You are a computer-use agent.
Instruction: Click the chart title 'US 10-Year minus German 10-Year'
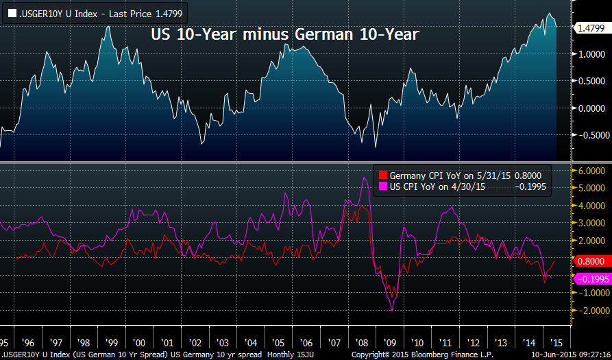[284, 34]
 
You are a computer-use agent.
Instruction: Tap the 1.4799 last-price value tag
[590, 28]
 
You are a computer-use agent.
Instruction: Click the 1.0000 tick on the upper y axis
[590, 54]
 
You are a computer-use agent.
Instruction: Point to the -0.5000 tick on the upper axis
[590, 135]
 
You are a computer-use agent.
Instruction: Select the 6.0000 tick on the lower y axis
[590, 171]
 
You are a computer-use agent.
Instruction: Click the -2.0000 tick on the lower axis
[590, 311]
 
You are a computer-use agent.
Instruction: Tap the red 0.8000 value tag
[590, 261]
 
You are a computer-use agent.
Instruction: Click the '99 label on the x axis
[110, 342]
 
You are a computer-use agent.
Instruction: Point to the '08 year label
[363, 342]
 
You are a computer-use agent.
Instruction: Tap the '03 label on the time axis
[222, 342]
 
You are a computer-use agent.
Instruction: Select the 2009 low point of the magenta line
[392, 311]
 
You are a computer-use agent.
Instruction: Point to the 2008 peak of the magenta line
[365, 178]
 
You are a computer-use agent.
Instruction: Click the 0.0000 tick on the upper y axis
[590, 108]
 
